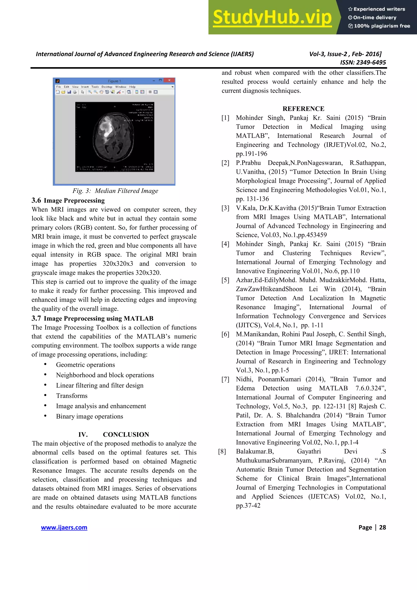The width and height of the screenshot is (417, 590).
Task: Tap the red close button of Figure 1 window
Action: (x=169, y=80)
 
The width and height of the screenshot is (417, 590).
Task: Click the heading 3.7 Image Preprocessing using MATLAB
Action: (x=92, y=318)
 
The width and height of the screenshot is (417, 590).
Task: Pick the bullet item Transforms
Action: (x=72, y=396)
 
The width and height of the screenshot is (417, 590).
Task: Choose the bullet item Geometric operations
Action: (x=85, y=365)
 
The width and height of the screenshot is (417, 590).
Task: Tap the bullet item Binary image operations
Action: (x=89, y=416)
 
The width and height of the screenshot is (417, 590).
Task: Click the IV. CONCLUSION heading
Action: (x=114, y=434)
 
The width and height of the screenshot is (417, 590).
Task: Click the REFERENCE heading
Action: (x=303, y=109)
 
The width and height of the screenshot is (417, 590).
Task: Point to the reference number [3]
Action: (x=225, y=208)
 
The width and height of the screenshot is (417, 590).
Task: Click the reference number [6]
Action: (x=225, y=334)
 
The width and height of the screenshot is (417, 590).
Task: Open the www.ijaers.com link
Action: (x=64, y=527)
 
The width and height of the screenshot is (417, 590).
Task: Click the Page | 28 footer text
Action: (x=372, y=527)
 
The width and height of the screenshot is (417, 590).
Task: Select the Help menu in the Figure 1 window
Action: (x=132, y=87)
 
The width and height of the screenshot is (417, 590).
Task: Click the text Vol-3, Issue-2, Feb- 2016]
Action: (x=345, y=54)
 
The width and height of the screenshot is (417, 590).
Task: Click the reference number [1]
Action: (x=225, y=118)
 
